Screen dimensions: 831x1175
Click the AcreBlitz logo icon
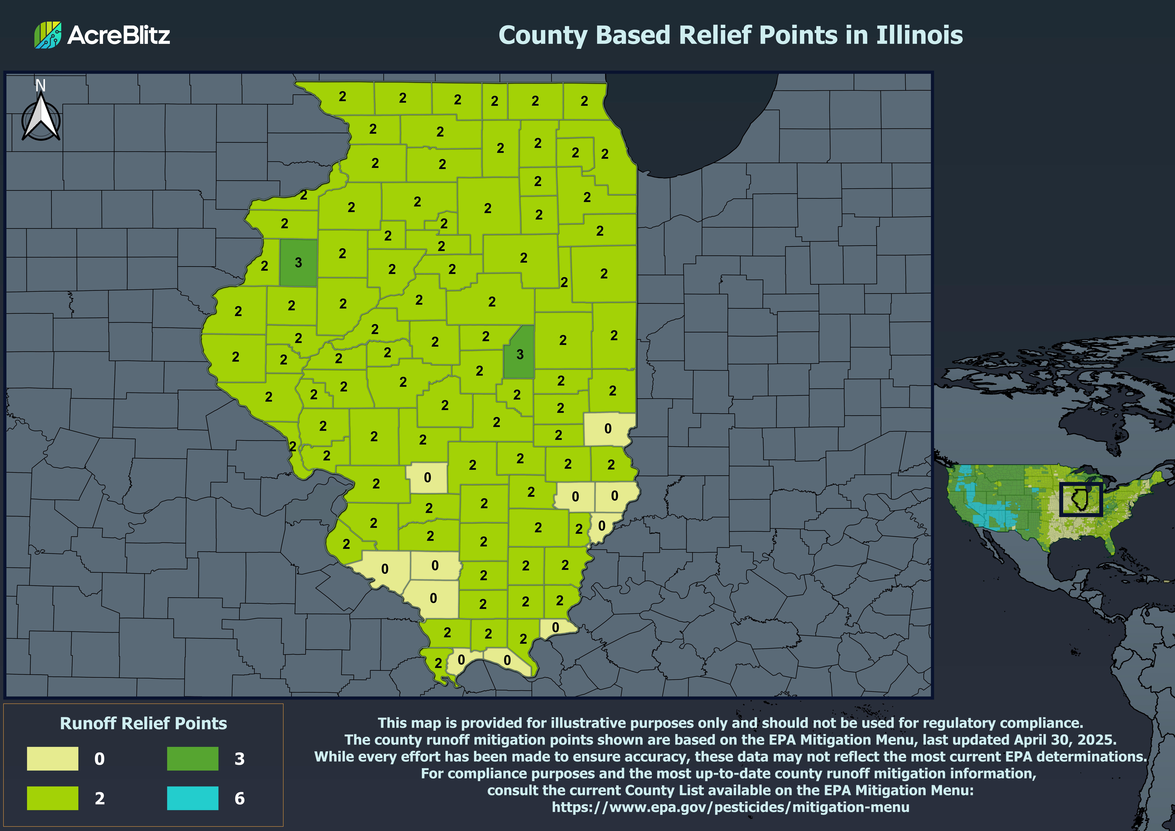(48, 35)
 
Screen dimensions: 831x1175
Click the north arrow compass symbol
(41, 119)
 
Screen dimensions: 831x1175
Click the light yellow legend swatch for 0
(53, 758)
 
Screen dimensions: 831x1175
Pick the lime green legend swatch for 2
(53, 798)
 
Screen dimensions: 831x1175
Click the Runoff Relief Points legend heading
(143, 723)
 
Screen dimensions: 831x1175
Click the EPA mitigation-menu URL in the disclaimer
(730, 808)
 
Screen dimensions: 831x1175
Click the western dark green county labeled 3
(298, 263)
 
